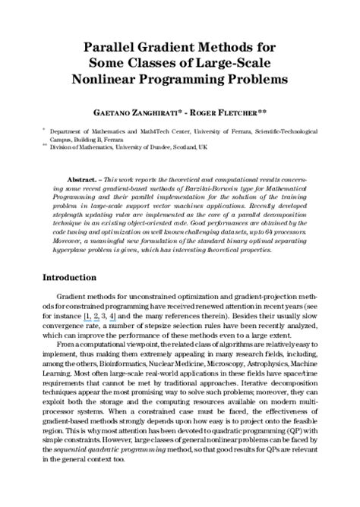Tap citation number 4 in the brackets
click(112, 312)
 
